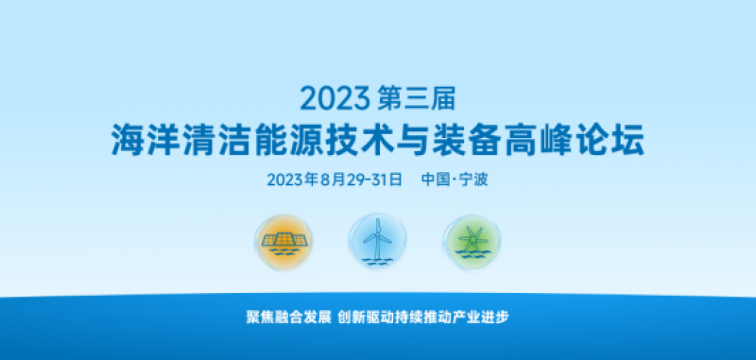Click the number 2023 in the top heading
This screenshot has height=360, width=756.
tap(334, 97)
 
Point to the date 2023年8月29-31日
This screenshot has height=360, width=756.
tap(335, 180)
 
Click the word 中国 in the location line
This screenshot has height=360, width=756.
tap(436, 180)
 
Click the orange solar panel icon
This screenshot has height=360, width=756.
tap(283, 243)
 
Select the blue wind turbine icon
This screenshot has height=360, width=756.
tap(377, 243)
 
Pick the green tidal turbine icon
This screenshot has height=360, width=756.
tap(472, 243)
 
